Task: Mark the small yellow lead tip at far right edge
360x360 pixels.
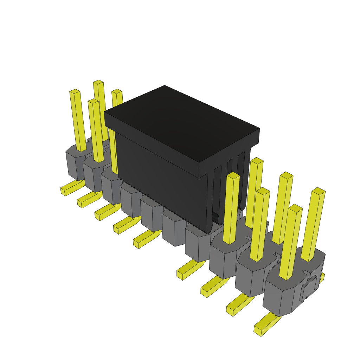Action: click(x=321, y=278)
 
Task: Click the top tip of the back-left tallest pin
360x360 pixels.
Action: click(x=98, y=82)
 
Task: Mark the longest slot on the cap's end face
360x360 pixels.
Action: click(x=217, y=193)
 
